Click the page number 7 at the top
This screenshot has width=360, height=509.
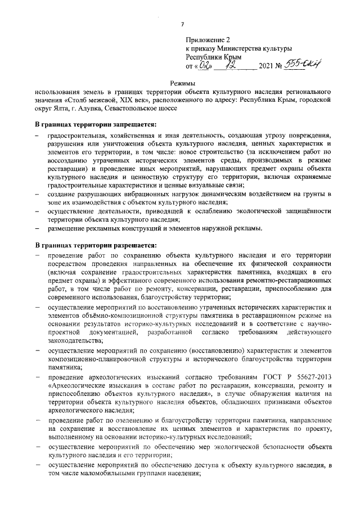point(182,24)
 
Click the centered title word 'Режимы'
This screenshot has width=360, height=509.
point(182,83)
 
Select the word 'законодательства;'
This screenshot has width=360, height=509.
point(71,340)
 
